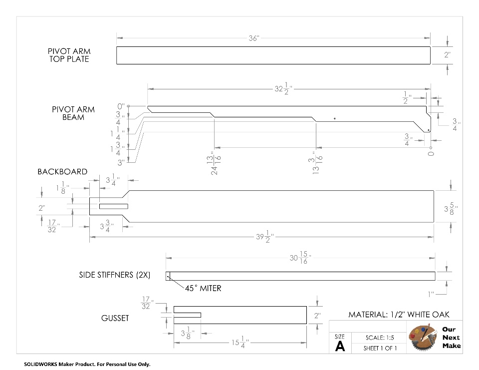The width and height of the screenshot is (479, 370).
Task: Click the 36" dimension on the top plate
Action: pyautogui.click(x=254, y=38)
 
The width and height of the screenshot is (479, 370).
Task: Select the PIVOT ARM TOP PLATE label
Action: pyautogui.click(x=69, y=55)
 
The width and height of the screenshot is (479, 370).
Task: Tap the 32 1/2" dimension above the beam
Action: pyautogui.click(x=283, y=89)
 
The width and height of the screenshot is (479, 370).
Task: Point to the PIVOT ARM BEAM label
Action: pyautogui.click(x=73, y=113)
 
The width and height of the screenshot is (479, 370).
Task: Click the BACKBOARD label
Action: pyautogui.click(x=62, y=172)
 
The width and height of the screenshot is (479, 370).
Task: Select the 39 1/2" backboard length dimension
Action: pyautogui.click(x=265, y=237)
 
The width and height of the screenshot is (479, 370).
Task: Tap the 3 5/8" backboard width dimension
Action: pyautogui.click(x=451, y=209)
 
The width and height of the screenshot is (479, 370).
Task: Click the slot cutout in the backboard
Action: pyautogui.click(x=114, y=206)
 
